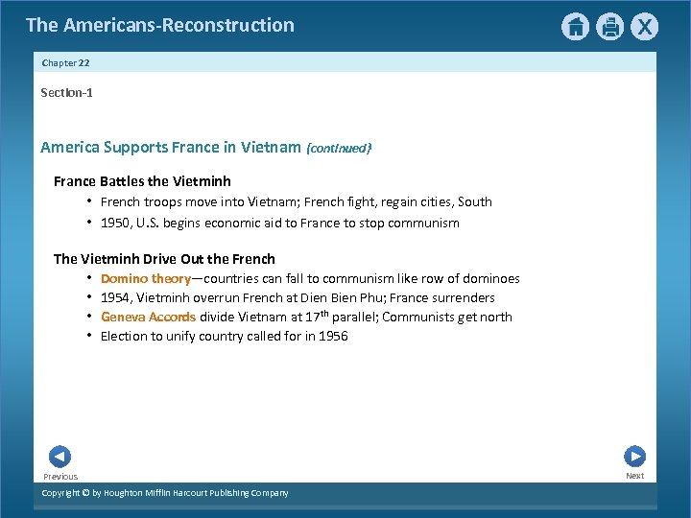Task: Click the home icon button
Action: tap(574, 27)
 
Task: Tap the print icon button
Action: tap(609, 27)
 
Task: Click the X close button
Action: tap(645, 27)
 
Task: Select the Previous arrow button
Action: tap(60, 457)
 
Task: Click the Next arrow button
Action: tap(634, 457)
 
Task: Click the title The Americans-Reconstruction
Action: tap(160, 25)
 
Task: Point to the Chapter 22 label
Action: tap(66, 62)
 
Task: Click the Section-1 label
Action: tap(66, 93)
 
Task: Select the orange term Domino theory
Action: tap(145, 279)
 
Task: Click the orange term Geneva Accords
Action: tap(148, 318)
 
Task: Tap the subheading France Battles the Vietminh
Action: tap(142, 181)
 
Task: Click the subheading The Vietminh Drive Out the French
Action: tap(164, 259)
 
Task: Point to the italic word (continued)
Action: tap(338, 149)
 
